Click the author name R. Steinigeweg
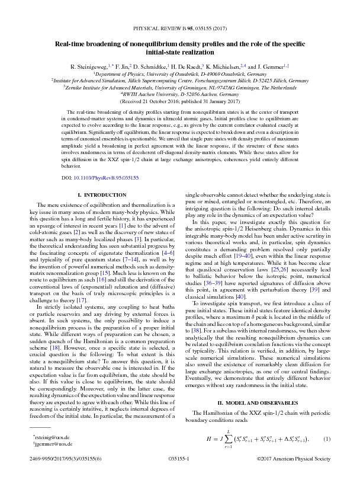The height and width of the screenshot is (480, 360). point(88,67)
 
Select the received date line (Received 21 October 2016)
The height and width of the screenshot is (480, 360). point(179,100)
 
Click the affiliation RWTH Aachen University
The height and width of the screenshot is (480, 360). point(180,93)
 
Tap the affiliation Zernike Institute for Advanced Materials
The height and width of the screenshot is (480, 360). point(180,87)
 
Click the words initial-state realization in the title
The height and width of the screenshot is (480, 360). point(179,52)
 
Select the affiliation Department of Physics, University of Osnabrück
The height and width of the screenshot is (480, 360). point(180,73)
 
